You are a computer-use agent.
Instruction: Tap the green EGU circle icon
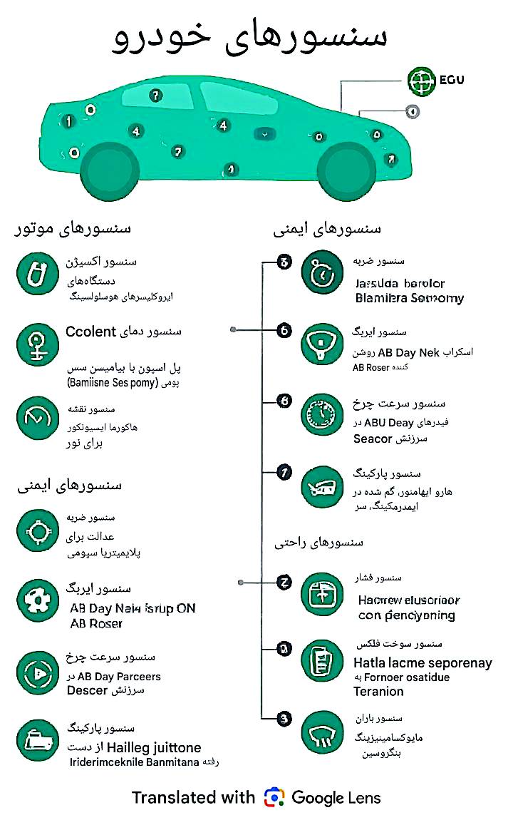coord(421,81)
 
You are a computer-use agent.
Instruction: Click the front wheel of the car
coord(346,171)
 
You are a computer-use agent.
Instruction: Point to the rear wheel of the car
coord(109,171)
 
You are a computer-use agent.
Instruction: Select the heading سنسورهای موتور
coord(73,229)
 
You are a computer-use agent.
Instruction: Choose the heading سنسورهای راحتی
coord(319,543)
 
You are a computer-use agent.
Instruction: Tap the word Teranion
coord(378,691)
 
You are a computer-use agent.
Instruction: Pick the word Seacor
coord(373,439)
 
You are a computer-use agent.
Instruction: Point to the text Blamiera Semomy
coord(409,298)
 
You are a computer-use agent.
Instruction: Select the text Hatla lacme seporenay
coord(423,662)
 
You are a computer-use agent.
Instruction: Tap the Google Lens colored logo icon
coord(274,797)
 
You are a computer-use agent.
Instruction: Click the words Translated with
coord(192,797)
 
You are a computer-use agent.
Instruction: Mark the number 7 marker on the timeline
coord(284,471)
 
